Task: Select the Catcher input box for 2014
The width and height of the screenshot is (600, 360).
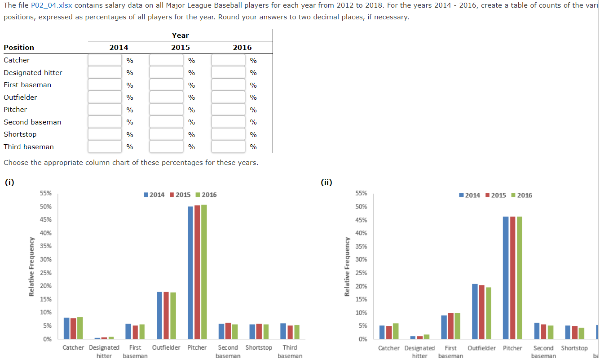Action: click(105, 60)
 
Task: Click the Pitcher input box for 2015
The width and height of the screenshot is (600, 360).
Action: click(166, 110)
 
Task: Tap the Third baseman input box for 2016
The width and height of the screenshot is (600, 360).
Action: click(228, 147)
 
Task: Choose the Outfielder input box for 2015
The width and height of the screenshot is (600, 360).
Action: click(166, 97)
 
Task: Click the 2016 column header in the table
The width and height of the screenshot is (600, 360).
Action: click(242, 47)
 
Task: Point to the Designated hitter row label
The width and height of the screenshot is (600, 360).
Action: click(33, 72)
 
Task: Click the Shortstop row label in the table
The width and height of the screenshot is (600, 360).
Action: click(20, 134)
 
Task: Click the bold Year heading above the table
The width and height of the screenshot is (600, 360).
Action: click(180, 36)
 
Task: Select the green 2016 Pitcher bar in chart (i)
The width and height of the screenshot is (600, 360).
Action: click(204, 271)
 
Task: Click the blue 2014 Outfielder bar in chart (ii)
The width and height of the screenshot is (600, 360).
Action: click(475, 311)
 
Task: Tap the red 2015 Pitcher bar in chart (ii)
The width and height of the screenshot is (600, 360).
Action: click(512, 277)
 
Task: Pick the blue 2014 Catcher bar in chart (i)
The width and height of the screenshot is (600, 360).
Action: click(66, 328)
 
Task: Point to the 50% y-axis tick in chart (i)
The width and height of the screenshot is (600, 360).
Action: click(46, 207)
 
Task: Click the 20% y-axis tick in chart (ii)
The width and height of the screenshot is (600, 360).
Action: click(361, 286)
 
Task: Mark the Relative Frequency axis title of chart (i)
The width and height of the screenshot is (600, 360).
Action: click(32, 267)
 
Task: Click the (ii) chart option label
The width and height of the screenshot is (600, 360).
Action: click(326, 182)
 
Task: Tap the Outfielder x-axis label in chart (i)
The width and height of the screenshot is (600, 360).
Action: click(166, 347)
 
